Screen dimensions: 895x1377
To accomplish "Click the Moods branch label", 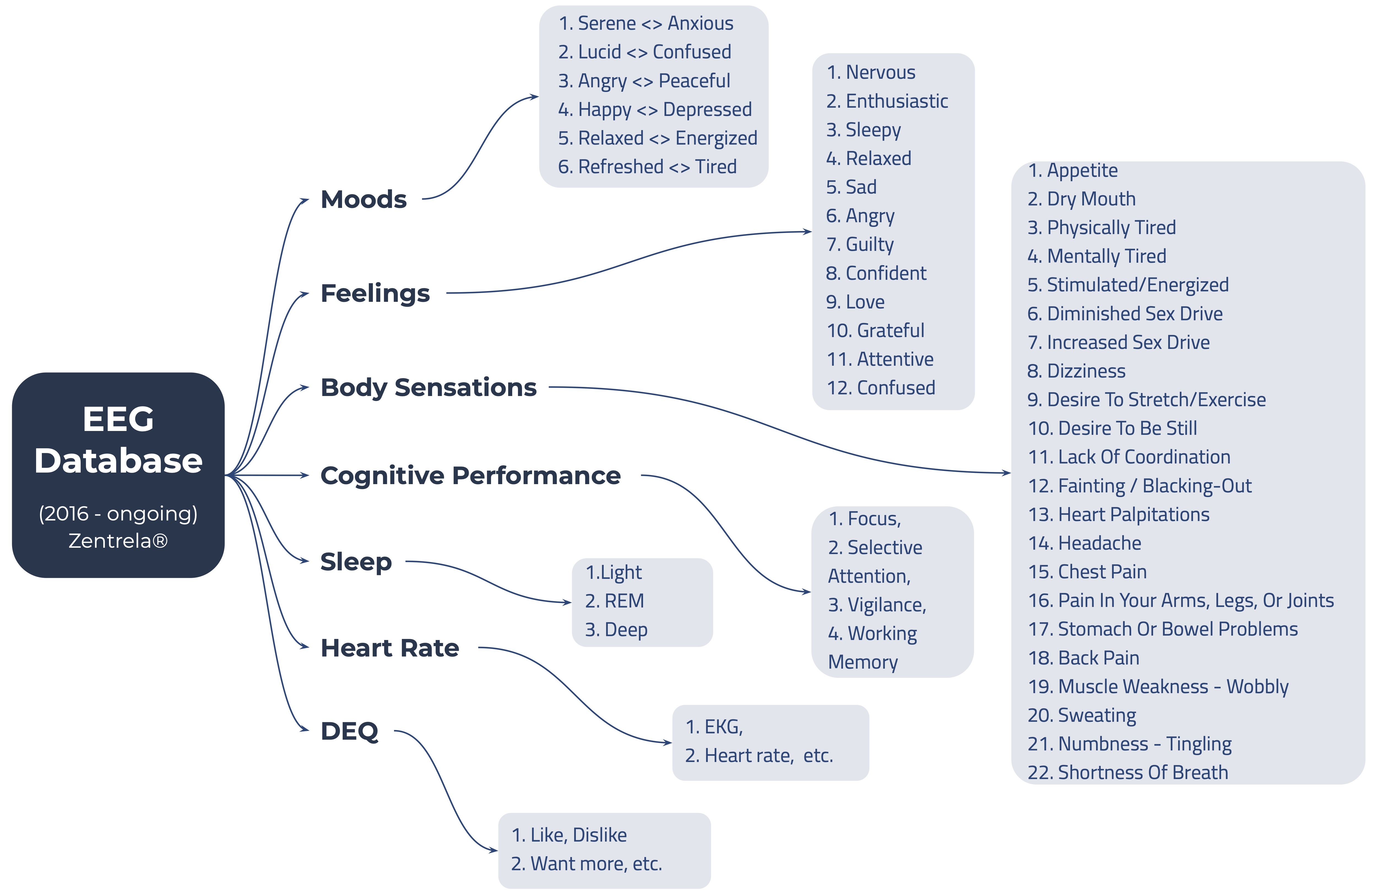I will pyautogui.click(x=363, y=200).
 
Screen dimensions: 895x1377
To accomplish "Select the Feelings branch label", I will pyautogui.click(x=375, y=293).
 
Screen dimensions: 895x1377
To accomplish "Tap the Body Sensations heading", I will pyautogui.click(x=428, y=388).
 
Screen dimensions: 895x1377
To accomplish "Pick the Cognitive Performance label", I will pyautogui.click(x=470, y=476).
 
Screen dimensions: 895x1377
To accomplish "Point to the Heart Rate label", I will pyautogui.click(x=389, y=648).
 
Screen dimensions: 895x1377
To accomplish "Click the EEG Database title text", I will pyautogui.click(x=118, y=440).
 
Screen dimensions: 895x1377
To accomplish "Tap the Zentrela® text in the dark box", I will pyautogui.click(x=118, y=541).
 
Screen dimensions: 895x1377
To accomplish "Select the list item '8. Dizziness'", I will pyautogui.click(x=1076, y=371).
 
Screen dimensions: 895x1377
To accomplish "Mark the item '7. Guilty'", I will pyautogui.click(x=860, y=244).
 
